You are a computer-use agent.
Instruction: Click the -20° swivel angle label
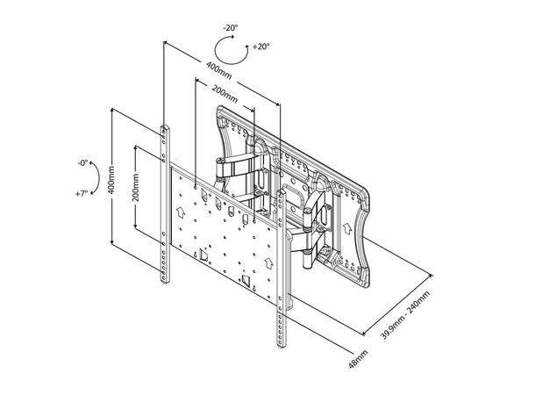230,28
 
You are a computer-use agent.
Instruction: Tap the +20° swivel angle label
261,47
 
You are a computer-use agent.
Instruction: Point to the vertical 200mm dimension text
136,187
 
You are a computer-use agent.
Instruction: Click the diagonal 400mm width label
218,70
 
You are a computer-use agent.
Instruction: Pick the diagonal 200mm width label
225,94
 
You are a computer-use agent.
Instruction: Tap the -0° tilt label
82,163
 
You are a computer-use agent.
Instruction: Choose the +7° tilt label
82,194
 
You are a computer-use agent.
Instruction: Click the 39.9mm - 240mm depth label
406,315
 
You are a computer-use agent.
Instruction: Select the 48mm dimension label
358,359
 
